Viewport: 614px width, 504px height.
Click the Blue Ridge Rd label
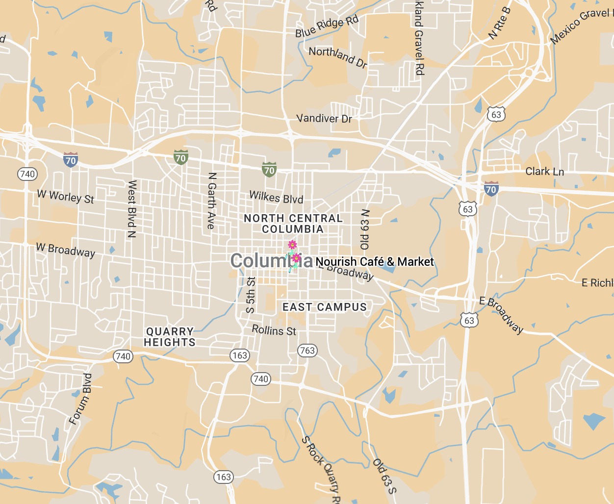click(x=327, y=26)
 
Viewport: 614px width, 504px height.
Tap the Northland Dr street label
click(x=338, y=57)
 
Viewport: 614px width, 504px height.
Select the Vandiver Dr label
click(x=324, y=118)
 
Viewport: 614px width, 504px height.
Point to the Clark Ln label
click(x=544, y=171)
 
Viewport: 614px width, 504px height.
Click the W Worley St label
click(x=65, y=197)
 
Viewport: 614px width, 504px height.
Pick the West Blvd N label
click(x=131, y=209)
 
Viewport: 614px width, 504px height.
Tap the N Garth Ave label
click(x=211, y=201)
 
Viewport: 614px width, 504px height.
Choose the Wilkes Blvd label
click(x=276, y=197)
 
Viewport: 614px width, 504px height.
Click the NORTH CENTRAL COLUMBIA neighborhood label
click(x=293, y=224)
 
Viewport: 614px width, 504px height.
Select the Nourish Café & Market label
click(x=375, y=262)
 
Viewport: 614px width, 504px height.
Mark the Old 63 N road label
click(x=365, y=229)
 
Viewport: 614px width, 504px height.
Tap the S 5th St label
click(x=250, y=295)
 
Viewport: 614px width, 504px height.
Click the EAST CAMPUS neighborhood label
click(x=324, y=307)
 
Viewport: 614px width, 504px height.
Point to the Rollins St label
click(x=274, y=330)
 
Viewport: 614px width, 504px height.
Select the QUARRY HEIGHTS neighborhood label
click(x=170, y=337)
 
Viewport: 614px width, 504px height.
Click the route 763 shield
click(x=307, y=350)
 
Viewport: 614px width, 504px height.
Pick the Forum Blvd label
click(x=80, y=399)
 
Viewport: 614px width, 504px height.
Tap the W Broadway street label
click(x=65, y=250)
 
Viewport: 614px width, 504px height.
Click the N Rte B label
click(x=500, y=24)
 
